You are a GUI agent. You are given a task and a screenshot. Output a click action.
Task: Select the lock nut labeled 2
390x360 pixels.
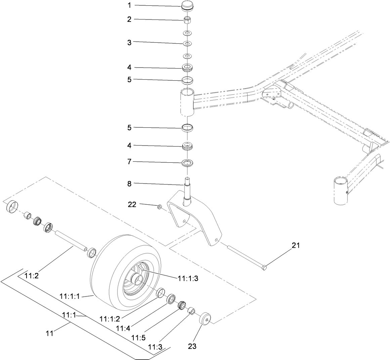point(187,20)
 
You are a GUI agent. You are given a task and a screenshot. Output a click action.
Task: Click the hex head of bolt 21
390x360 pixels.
point(264,268)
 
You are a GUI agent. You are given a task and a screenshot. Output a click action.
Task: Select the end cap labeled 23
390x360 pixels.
point(205,318)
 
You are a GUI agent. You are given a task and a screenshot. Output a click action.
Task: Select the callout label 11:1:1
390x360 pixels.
point(70,296)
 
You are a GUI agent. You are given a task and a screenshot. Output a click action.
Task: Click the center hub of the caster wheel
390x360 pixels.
point(137,279)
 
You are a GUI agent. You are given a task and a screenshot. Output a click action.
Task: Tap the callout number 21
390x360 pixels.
point(295,245)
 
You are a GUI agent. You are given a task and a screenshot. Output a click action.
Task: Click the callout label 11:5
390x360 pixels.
point(139,337)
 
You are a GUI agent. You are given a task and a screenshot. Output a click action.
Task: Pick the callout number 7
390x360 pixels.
point(129,162)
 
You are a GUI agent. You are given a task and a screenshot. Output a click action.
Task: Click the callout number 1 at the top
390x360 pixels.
point(129,6)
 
